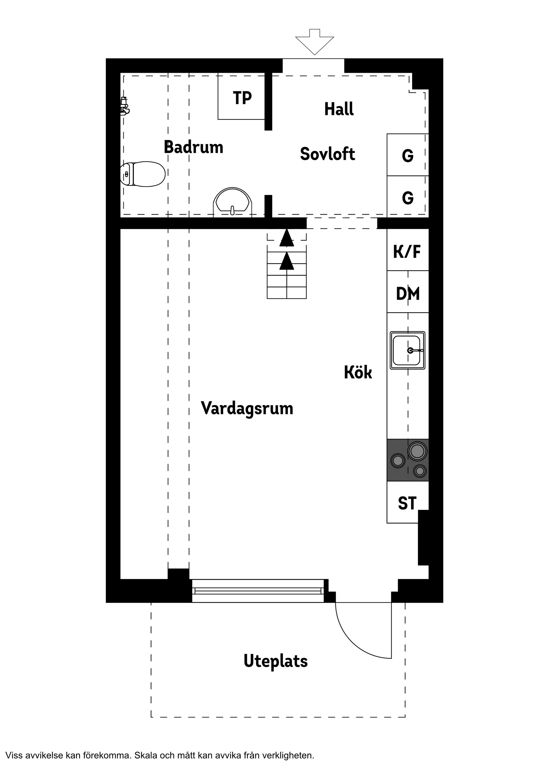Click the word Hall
(339, 109)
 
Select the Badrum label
(194, 147)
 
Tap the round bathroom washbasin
(233, 201)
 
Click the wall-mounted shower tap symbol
(125, 106)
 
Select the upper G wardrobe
(408, 155)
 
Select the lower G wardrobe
(408, 197)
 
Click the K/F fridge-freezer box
(407, 251)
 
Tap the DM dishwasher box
(408, 293)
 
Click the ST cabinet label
(407, 503)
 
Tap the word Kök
(358, 372)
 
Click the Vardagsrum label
(247, 408)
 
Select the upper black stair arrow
(287, 238)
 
